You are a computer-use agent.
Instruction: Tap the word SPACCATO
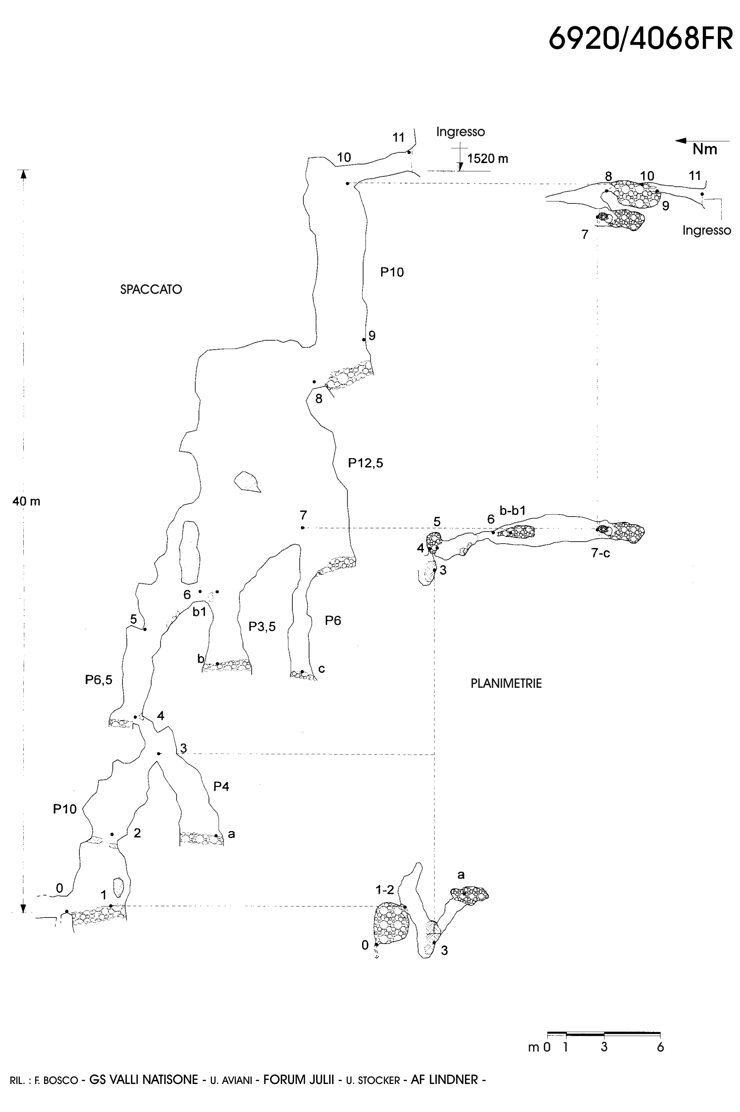click(151, 289)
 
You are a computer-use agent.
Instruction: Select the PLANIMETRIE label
click(506, 683)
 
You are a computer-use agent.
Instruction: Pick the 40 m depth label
click(26, 501)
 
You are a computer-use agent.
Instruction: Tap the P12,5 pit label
click(365, 463)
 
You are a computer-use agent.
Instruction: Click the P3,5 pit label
click(262, 626)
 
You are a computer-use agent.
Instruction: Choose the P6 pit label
click(333, 621)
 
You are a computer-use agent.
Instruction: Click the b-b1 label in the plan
click(513, 510)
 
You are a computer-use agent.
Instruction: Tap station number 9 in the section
click(372, 336)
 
